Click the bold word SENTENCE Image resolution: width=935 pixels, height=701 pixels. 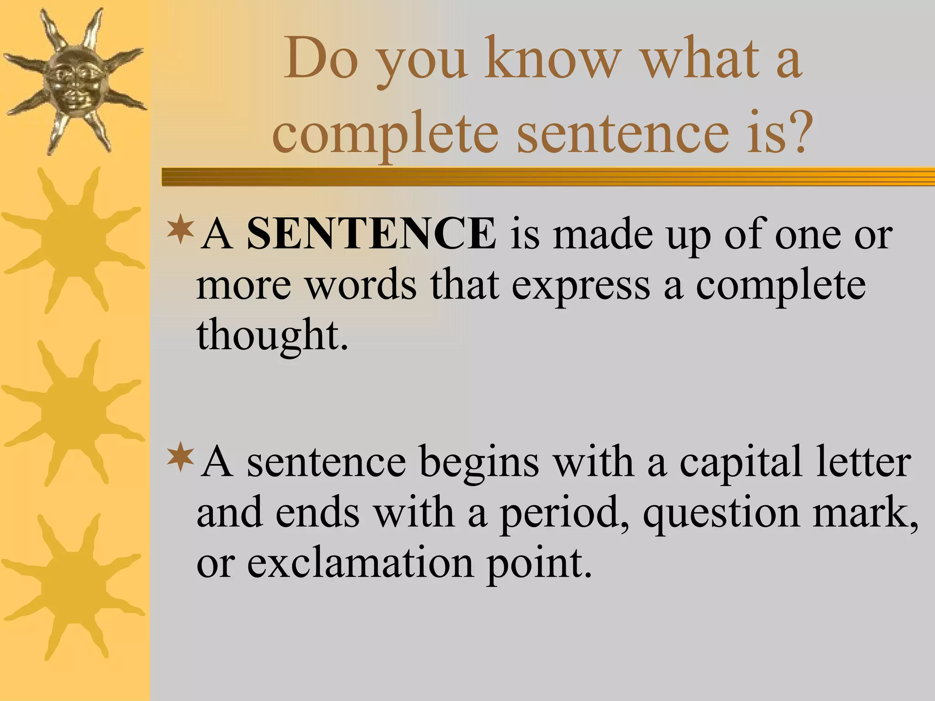[371, 234]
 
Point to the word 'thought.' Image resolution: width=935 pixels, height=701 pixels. [273, 335]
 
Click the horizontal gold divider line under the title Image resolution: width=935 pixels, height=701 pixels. [548, 177]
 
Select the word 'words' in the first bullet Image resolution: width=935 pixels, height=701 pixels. [361, 285]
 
